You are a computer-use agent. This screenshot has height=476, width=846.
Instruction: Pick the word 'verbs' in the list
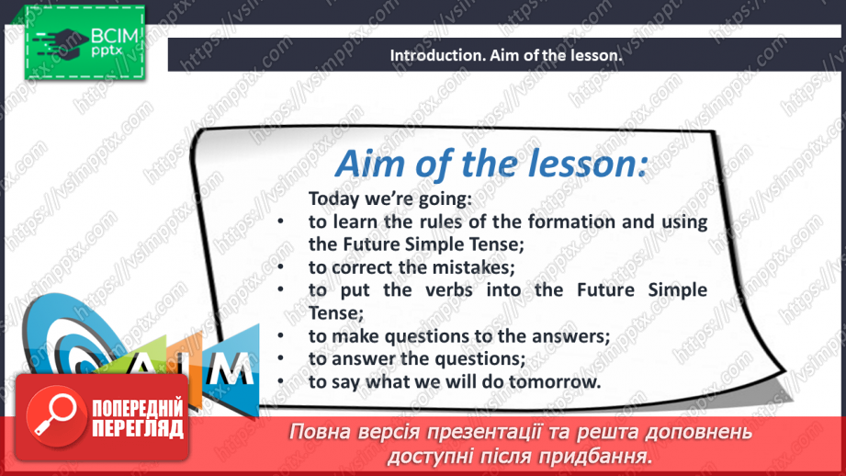coord(449,289)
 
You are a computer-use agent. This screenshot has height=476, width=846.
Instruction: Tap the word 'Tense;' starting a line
coord(336,313)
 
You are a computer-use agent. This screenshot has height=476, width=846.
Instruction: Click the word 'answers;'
coord(570,335)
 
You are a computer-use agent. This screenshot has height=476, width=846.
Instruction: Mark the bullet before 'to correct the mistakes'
coord(280,266)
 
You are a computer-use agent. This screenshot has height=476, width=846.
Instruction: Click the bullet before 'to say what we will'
coord(280,381)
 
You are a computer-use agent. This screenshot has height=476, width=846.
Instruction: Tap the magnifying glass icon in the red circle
coord(54,414)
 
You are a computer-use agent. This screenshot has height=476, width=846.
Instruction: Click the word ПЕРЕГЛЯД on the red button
coord(138,429)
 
